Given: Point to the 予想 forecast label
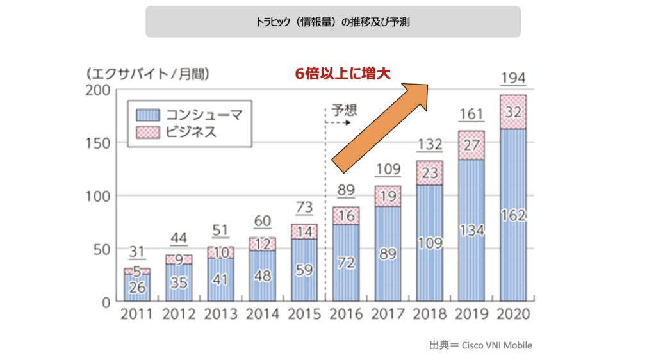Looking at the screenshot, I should pyautogui.click(x=344, y=110).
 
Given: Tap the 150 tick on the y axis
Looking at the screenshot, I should pyautogui.click(x=97, y=142).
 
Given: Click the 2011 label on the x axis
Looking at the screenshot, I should pyautogui.click(x=136, y=315).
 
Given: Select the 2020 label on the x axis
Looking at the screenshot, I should pyautogui.click(x=512, y=315).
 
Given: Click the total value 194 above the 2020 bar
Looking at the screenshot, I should pyautogui.click(x=513, y=78).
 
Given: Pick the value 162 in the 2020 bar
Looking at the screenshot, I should pyautogui.click(x=513, y=216).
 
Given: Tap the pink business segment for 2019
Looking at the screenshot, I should pyautogui.click(x=471, y=145).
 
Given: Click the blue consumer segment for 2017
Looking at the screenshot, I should pyautogui.click(x=388, y=253).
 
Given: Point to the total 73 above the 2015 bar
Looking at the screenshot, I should pyautogui.click(x=304, y=208).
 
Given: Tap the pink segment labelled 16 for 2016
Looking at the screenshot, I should pyautogui.click(x=345, y=216).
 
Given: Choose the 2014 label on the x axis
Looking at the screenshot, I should pyautogui.click(x=262, y=315).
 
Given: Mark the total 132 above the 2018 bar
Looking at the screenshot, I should pyautogui.click(x=429, y=145).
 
